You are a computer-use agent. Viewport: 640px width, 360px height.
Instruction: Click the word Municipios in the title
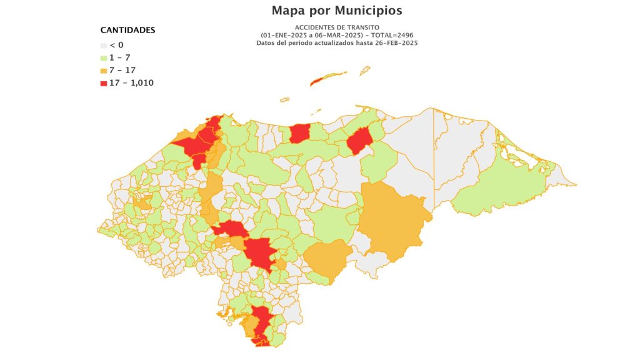pos(368,11)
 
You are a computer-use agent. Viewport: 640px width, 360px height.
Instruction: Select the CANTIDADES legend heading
pos(128,30)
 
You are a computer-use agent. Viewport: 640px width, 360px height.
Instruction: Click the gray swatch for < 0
pos(104,45)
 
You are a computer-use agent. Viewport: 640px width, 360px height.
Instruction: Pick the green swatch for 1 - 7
pos(104,57)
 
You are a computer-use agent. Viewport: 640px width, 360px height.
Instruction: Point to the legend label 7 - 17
pos(122,70)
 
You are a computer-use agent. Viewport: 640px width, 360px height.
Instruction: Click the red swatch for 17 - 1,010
pos(104,82)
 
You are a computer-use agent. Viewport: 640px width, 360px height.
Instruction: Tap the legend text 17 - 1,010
pos(132,82)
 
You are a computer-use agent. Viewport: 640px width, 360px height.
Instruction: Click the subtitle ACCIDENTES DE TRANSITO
pos(337,28)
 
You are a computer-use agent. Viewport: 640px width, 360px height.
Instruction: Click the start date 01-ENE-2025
pos(285,36)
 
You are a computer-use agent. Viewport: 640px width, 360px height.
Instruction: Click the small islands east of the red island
pos(363,70)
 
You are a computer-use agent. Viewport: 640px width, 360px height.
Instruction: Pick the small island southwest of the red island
pos(285,99)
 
